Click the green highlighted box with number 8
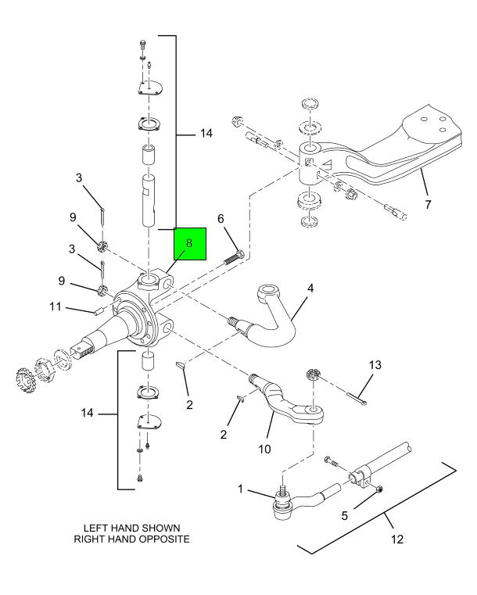pyautogui.click(x=190, y=244)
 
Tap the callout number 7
pyautogui.click(x=428, y=205)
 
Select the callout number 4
pyautogui.click(x=310, y=289)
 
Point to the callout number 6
pyautogui.click(x=221, y=219)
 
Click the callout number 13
pyautogui.click(x=375, y=365)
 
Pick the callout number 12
pyautogui.click(x=397, y=539)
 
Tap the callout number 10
pyautogui.click(x=264, y=449)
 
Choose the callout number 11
pyautogui.click(x=56, y=306)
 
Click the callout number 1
pyautogui.click(x=240, y=489)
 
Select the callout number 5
pyautogui.click(x=345, y=516)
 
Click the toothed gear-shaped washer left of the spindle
pyautogui.click(x=24, y=378)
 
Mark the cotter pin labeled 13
pyautogui.click(x=357, y=400)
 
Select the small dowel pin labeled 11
pyautogui.click(x=99, y=312)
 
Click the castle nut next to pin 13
pyautogui.click(x=312, y=375)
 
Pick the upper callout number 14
pyautogui.click(x=206, y=133)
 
